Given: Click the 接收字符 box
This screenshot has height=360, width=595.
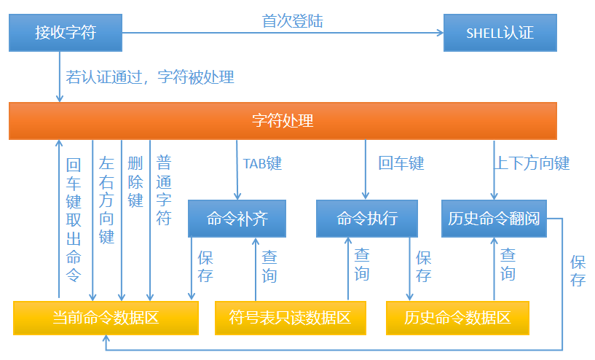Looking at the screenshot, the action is [66, 33].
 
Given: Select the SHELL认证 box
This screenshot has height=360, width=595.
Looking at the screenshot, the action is [500, 33].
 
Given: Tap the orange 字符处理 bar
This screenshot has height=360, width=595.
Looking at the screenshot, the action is [283, 121].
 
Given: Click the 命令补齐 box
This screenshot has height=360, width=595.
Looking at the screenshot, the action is [237, 219].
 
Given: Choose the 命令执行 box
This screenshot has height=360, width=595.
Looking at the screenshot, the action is [367, 219].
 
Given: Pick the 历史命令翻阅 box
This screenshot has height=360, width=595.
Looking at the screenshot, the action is [494, 219].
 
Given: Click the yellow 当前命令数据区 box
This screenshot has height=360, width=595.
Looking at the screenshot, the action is [106, 318].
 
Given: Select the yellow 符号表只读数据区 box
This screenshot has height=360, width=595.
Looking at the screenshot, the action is [291, 318].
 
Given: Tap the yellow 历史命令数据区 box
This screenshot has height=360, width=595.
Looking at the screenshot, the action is [457, 318].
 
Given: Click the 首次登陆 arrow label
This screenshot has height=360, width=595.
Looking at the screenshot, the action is [293, 21].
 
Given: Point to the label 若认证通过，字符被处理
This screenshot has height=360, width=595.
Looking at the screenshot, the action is [150, 77].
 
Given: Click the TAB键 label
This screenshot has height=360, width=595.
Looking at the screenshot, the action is [263, 163].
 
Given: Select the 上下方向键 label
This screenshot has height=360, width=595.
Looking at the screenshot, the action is [532, 163].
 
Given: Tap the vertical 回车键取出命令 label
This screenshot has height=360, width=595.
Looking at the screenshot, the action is [74, 219].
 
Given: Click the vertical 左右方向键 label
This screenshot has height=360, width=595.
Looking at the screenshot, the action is [106, 200].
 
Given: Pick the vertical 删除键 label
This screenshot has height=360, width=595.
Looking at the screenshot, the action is [135, 182].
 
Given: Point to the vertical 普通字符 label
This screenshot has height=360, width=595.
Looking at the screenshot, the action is [164, 190].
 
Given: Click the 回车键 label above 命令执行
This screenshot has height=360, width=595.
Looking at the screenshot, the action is [401, 163].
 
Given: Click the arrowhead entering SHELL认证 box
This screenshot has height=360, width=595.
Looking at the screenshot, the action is [441, 33].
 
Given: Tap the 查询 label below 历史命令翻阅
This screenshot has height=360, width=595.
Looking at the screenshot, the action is [508, 265].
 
